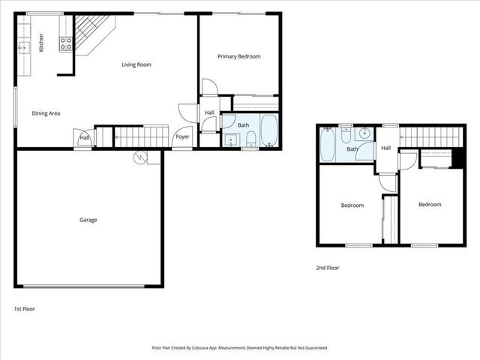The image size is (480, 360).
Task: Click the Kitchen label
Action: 42,43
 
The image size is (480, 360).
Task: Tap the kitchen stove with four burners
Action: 65,43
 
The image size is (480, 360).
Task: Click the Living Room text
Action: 136,64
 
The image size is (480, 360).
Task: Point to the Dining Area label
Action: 46,113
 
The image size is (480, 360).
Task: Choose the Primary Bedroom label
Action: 238,56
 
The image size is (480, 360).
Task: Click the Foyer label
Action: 182,136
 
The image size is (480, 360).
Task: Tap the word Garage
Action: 88,220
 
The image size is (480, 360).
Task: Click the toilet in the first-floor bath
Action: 250,137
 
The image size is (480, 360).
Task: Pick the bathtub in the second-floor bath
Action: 328,145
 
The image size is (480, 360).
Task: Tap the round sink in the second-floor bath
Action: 364,133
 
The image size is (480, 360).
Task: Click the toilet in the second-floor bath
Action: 346,136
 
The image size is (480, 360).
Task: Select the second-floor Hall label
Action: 385,148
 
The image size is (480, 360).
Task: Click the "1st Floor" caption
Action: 25,308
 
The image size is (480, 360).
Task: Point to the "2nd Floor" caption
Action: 328,267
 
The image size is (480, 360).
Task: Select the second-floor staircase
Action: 428,136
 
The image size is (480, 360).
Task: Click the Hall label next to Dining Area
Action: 85,138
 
